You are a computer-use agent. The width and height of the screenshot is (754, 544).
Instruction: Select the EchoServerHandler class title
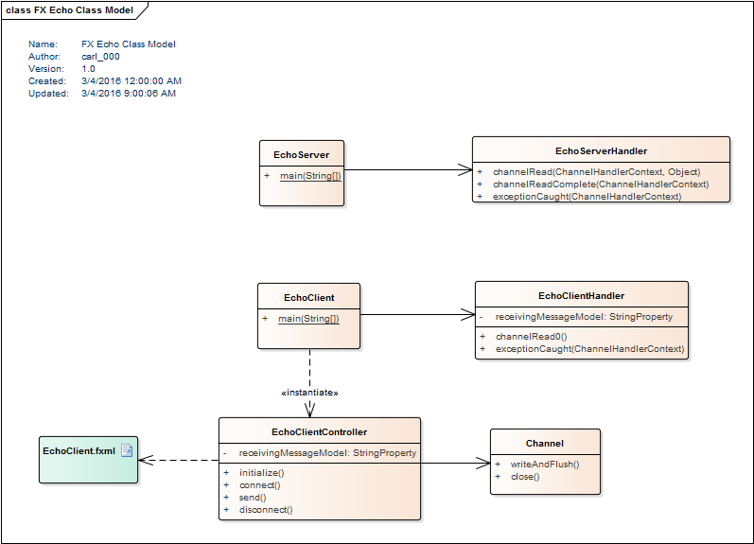(x=601, y=150)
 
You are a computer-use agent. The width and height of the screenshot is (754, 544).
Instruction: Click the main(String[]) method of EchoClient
(x=308, y=319)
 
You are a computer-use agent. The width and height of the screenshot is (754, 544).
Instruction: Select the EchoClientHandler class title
(x=581, y=295)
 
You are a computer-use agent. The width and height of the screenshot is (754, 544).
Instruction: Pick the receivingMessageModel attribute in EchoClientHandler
(x=584, y=317)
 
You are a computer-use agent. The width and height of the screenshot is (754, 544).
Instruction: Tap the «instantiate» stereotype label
(x=309, y=392)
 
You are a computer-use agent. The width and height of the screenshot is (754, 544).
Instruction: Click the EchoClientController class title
(x=319, y=431)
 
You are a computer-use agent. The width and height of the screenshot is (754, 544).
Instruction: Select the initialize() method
(x=262, y=472)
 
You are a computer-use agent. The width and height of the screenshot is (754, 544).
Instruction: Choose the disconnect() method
(x=266, y=510)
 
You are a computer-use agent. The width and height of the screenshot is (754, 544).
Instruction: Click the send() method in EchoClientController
(x=253, y=498)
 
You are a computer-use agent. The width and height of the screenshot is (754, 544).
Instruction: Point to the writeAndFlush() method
(x=544, y=464)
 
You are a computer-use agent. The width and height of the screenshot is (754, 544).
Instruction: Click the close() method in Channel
(x=524, y=477)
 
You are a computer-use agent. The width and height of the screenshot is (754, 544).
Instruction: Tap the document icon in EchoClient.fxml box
(x=127, y=450)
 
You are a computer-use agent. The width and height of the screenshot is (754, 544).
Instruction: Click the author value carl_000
(x=100, y=57)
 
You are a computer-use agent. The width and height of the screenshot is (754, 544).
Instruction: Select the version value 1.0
(x=88, y=69)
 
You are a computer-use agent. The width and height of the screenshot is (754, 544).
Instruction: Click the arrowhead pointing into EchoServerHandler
(x=465, y=170)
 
